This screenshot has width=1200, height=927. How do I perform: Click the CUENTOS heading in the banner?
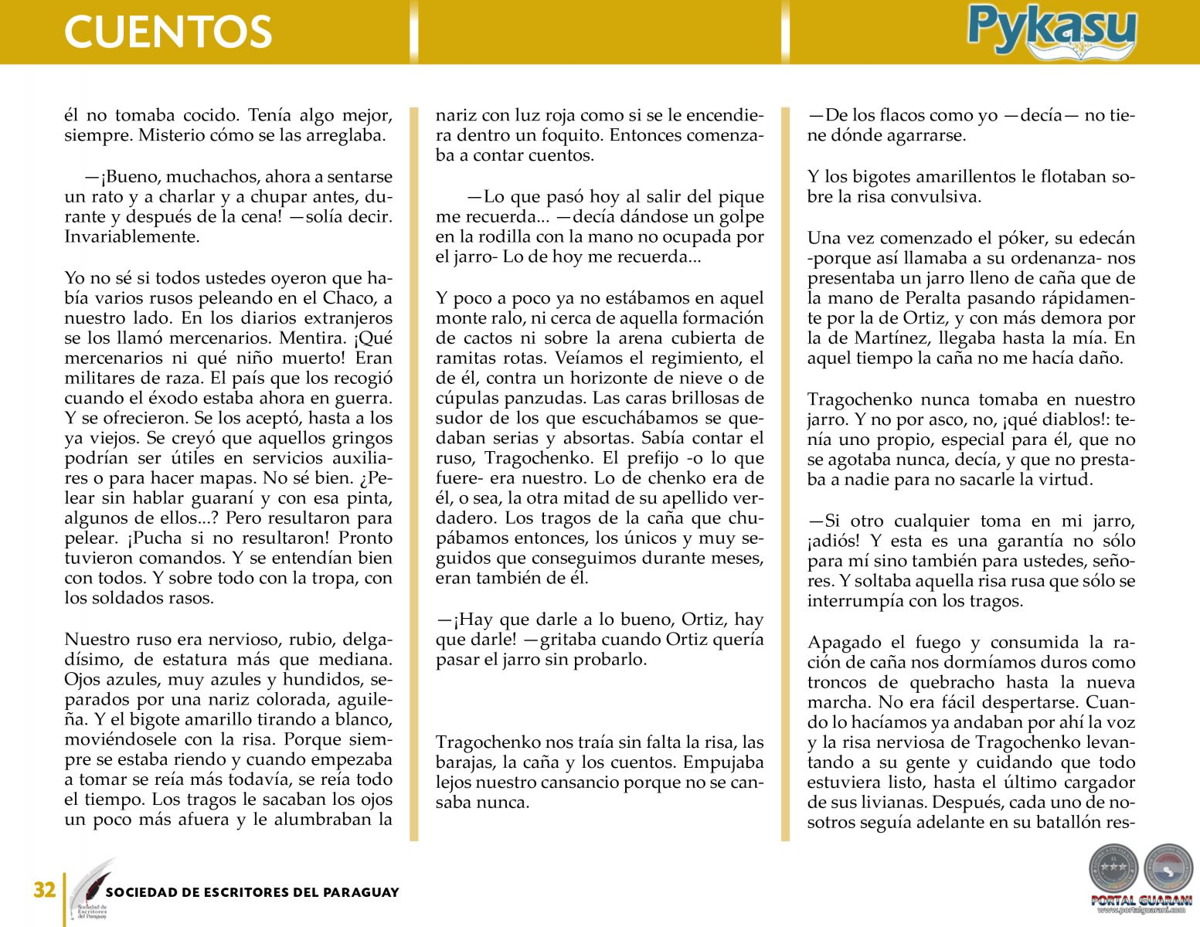click(168, 32)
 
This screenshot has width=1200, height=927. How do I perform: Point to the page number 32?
click(44, 890)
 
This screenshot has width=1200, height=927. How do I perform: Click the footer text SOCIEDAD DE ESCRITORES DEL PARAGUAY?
click(252, 892)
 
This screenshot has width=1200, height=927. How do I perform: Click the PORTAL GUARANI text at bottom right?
click(1141, 900)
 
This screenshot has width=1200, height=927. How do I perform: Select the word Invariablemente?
click(132, 237)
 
